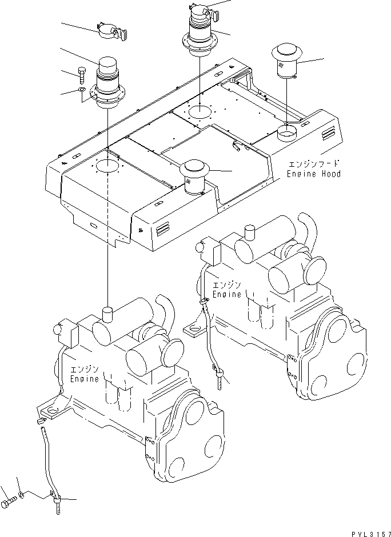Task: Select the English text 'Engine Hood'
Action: [314, 174]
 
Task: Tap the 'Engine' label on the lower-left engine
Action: [85, 378]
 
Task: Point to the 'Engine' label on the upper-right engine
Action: [227, 294]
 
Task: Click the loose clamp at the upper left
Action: [110, 32]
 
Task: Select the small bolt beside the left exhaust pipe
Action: [81, 73]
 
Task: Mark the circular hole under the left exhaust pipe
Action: [107, 166]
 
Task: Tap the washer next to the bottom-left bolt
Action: [21, 493]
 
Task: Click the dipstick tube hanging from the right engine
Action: [210, 337]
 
